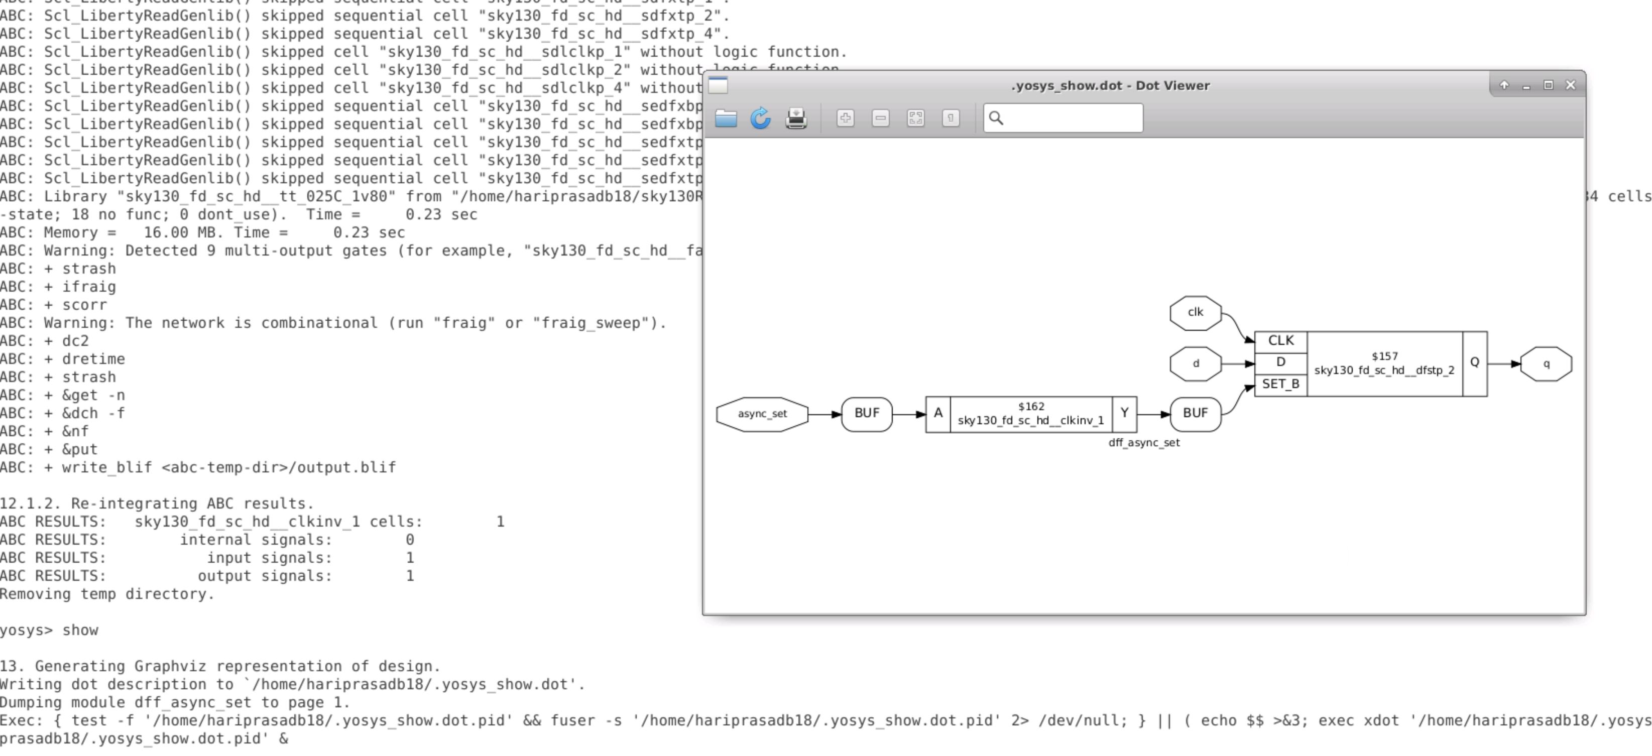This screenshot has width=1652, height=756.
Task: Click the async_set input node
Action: click(762, 414)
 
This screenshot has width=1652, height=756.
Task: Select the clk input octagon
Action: click(1195, 313)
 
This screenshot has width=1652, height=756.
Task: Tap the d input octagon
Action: click(1195, 363)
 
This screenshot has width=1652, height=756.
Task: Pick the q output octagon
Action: click(1546, 363)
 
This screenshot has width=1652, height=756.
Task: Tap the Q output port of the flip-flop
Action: click(1474, 363)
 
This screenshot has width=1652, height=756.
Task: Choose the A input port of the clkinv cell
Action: click(937, 414)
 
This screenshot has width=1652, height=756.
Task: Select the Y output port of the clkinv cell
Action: click(1124, 414)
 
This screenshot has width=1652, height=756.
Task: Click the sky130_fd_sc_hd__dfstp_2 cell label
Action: click(1384, 370)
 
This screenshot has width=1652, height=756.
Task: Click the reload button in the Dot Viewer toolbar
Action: click(761, 118)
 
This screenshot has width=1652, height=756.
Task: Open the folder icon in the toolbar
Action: click(725, 118)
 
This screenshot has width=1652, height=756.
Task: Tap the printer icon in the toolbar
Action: click(796, 118)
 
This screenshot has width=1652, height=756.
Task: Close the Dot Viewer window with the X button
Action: click(1570, 85)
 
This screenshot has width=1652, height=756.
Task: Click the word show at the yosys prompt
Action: click(80, 631)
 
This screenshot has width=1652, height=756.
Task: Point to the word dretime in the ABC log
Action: click(93, 359)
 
